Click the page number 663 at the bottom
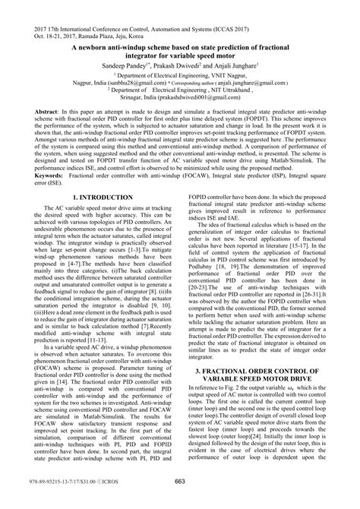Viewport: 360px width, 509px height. coord(179,501)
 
